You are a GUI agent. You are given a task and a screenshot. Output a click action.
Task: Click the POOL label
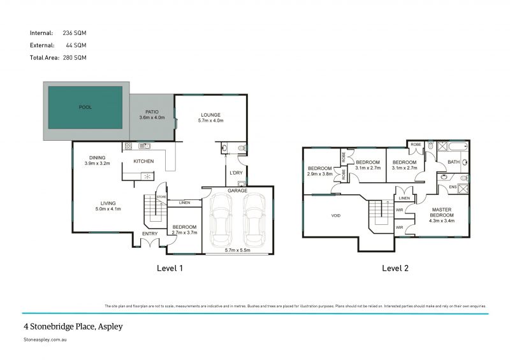[x=85, y=107]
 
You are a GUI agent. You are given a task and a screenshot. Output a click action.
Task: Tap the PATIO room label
[x=152, y=112]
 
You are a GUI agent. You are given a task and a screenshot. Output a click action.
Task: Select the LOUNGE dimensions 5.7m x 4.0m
[x=211, y=120]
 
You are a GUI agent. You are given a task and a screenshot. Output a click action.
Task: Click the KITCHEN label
[x=143, y=161]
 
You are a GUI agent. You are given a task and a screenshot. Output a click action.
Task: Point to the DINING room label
[x=97, y=157]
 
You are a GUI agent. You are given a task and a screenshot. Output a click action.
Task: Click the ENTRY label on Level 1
[x=150, y=234]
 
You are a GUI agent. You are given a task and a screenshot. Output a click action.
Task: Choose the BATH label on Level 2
[x=453, y=162]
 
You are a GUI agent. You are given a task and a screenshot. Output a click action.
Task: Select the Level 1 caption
[x=170, y=268]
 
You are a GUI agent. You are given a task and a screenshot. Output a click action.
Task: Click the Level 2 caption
[x=395, y=268]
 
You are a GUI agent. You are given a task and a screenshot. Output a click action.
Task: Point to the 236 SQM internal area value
[x=75, y=32]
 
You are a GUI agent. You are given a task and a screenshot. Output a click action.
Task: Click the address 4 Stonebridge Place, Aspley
[x=73, y=326]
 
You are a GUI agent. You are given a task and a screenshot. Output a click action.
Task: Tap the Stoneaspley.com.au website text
[x=47, y=341]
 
